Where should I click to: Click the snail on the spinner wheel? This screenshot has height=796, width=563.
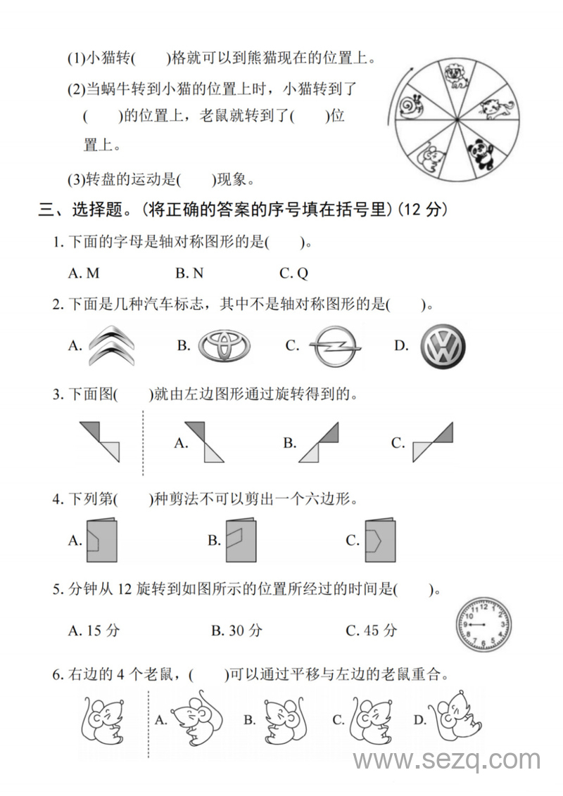click(412, 108)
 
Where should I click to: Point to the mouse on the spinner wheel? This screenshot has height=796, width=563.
click(429, 156)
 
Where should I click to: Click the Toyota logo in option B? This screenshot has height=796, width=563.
click(224, 346)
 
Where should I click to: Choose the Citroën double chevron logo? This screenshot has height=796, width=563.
click(110, 347)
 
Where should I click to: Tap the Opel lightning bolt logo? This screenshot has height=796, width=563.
click(336, 347)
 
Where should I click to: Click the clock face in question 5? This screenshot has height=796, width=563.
click(483, 624)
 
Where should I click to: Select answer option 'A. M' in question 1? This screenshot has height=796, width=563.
click(84, 273)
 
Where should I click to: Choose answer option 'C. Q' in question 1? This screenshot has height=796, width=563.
click(293, 273)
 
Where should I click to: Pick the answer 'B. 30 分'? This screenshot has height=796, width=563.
click(236, 630)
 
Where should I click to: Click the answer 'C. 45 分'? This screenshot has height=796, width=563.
click(372, 630)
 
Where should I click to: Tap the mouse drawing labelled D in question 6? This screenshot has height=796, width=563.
click(457, 719)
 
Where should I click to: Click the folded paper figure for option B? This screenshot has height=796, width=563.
click(241, 540)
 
